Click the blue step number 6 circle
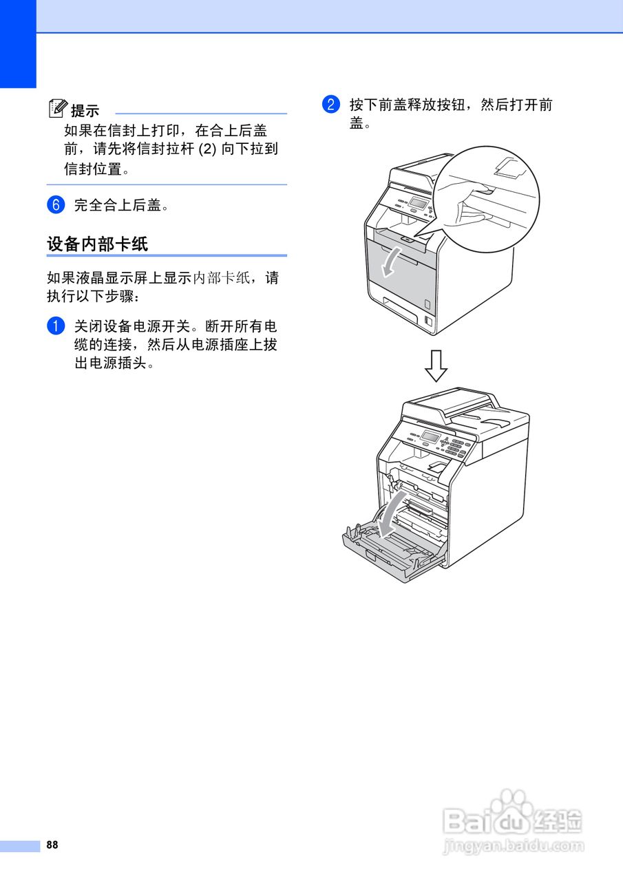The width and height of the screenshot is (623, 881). tap(56, 205)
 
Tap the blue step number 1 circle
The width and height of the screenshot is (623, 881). tap(56, 326)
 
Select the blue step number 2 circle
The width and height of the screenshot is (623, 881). tap(331, 104)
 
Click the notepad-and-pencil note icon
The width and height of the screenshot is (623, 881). tap(58, 108)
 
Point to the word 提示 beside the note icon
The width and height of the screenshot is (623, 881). tap(85, 111)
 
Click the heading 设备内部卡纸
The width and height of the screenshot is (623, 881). tap(98, 244)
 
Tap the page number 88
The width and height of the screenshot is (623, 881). tap(52, 845)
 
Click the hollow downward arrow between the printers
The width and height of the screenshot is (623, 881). tap(436, 365)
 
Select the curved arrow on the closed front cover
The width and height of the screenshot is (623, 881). tap(391, 262)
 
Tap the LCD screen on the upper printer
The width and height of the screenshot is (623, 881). tap(418, 203)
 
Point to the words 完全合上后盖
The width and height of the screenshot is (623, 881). tap(118, 205)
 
